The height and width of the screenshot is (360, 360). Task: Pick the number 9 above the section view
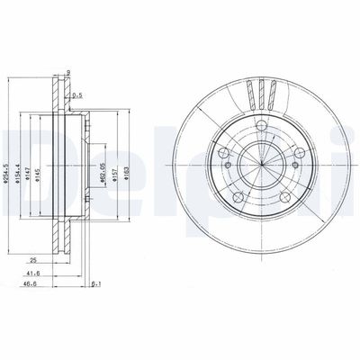click(x=68, y=74)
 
